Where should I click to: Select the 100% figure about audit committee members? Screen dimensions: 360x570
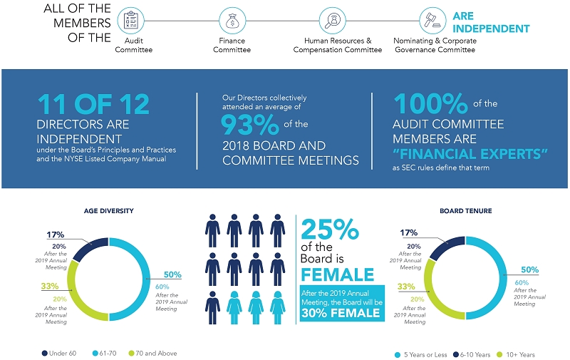pos(431,104)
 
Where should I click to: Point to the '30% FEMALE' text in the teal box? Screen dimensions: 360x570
pos(341,312)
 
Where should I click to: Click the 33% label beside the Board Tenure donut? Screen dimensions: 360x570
pos(408,287)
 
